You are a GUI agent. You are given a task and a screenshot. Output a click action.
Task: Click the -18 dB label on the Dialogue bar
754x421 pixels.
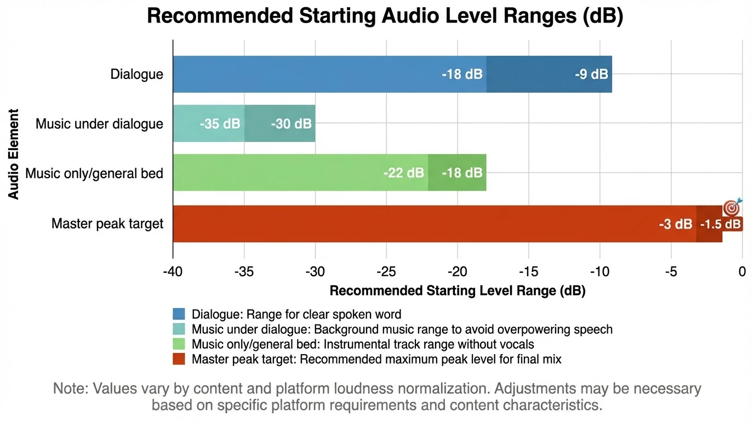[462, 74]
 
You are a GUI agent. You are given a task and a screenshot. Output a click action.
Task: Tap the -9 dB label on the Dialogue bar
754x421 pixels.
[591, 74]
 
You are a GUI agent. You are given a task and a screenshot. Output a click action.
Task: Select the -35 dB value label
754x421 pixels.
[220, 124]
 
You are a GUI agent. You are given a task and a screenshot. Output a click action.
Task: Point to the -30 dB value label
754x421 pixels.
[291, 124]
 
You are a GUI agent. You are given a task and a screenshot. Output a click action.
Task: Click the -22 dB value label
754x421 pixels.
[403, 173]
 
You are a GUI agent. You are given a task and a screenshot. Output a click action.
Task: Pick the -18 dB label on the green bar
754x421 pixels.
[462, 173]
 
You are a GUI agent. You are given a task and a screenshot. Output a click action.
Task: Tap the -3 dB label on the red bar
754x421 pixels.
[676, 224]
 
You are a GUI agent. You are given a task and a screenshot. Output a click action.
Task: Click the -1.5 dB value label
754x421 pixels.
[720, 224]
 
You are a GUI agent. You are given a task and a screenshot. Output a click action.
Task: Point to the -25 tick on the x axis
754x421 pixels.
[386, 272]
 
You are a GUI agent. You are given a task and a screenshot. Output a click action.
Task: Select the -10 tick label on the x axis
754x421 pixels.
[599, 272]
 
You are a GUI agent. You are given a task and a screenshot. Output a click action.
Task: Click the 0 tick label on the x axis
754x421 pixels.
[742, 272]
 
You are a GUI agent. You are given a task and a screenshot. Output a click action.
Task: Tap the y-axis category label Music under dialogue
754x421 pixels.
[99, 124]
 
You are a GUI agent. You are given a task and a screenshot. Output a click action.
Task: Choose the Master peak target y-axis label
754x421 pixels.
[107, 224]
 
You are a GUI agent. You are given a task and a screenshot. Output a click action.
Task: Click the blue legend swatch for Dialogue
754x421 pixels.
[179, 314]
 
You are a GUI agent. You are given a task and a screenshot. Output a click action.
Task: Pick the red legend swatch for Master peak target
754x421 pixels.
[179, 360]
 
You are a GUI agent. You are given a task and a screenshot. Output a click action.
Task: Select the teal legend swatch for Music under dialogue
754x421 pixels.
[179, 329]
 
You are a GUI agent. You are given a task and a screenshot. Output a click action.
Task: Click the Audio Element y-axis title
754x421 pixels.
[14, 154]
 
